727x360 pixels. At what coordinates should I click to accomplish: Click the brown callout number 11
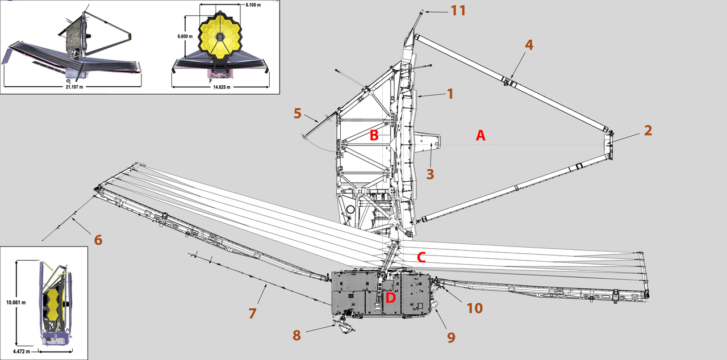click(458, 10)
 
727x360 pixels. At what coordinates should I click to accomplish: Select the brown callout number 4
click(529, 45)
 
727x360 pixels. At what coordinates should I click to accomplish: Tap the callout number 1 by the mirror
click(450, 94)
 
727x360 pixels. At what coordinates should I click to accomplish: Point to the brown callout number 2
click(647, 130)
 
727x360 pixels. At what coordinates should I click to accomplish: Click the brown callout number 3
click(430, 173)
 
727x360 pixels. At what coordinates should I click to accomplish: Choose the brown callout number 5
click(297, 113)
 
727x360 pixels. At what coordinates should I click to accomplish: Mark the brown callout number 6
click(98, 240)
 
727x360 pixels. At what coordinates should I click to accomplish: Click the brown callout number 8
click(296, 335)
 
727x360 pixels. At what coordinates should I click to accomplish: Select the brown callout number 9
click(451, 337)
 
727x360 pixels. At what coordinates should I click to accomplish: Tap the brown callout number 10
click(474, 308)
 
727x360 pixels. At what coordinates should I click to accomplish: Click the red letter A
click(481, 135)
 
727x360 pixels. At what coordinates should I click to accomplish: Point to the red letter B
click(374, 135)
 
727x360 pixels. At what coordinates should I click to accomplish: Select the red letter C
click(421, 257)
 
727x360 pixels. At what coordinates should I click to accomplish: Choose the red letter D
click(391, 297)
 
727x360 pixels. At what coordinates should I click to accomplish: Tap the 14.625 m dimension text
click(222, 87)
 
